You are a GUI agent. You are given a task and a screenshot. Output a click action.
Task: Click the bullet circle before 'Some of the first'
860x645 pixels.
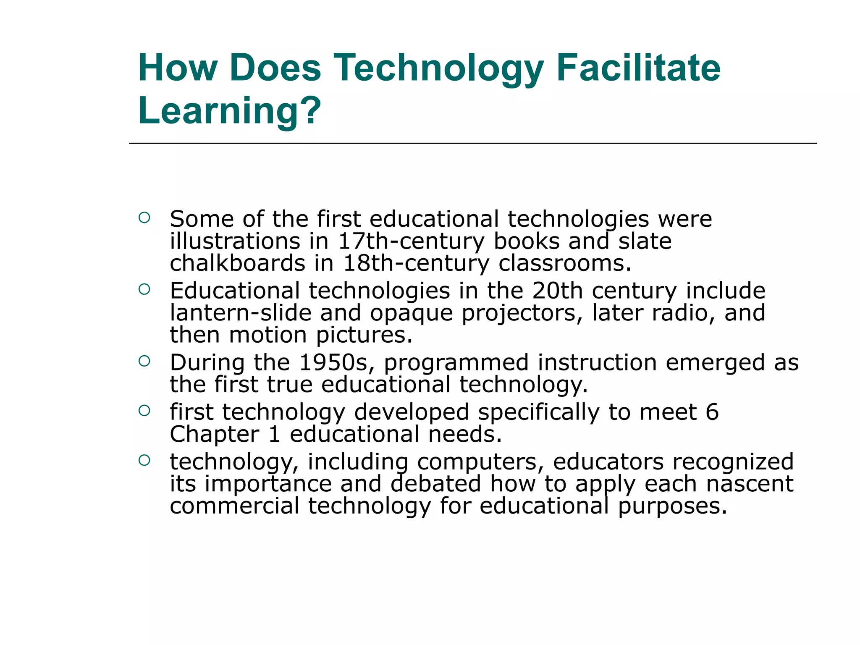click(144, 218)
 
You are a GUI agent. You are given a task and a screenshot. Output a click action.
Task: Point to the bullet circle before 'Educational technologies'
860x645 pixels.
click(144, 289)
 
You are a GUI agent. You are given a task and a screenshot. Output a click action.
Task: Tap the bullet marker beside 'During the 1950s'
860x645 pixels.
click(144, 361)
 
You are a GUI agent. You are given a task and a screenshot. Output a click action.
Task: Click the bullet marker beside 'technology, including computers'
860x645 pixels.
click(144, 460)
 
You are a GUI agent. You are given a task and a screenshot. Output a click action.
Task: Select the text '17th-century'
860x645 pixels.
click(411, 242)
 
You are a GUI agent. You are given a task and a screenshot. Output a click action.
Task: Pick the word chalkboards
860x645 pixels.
click(237, 264)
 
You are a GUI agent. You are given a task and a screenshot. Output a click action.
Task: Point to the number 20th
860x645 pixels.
click(558, 291)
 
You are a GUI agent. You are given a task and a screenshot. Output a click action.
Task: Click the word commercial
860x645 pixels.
click(234, 506)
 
